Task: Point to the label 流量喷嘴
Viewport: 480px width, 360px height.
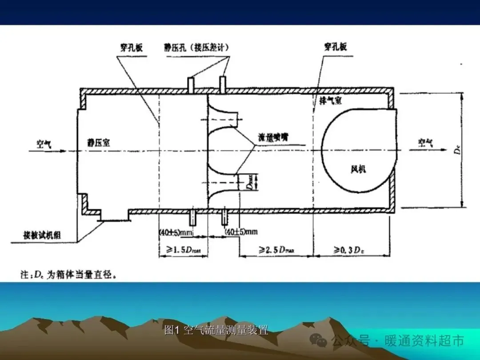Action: pos(273,137)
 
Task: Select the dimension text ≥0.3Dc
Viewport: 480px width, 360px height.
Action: pos(351,251)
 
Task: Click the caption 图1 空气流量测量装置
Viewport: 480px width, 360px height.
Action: pos(216,330)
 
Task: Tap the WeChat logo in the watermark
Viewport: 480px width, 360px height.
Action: pos(320,340)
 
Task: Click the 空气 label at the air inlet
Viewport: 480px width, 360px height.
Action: pos(44,143)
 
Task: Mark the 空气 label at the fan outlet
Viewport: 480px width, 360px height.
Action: pos(425,143)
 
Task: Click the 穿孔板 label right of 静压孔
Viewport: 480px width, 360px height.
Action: pos(336,47)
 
